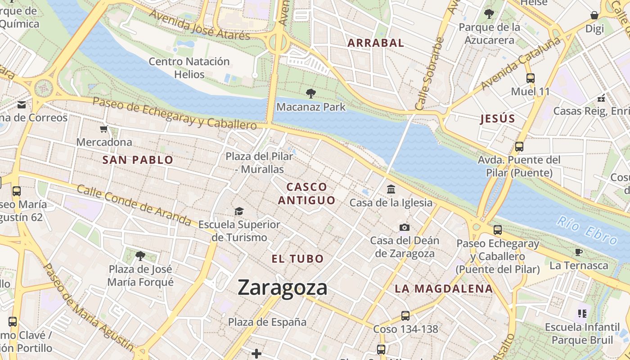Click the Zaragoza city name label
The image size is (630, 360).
[282, 288]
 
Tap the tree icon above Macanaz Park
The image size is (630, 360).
[310, 94]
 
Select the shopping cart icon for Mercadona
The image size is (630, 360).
[104, 130]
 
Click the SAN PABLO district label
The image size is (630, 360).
[138, 160]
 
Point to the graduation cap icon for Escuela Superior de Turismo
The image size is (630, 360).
[239, 211]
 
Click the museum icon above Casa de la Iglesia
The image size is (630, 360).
[391, 189]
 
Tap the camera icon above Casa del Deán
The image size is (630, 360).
[405, 227]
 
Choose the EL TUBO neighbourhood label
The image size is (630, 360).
[297, 259]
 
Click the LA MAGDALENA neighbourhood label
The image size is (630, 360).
[444, 289]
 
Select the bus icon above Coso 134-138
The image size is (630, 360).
[405, 315]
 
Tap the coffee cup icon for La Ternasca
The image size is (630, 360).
[579, 252]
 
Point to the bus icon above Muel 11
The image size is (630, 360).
[530, 78]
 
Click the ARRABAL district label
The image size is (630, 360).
[376, 43]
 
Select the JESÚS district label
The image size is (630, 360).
[497, 119]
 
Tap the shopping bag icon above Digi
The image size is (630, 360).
[594, 15]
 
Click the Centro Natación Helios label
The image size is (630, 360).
[189, 68]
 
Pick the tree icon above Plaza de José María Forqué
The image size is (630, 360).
[140, 256]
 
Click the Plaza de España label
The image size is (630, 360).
[267, 322]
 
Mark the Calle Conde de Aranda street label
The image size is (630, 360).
[134, 205]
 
